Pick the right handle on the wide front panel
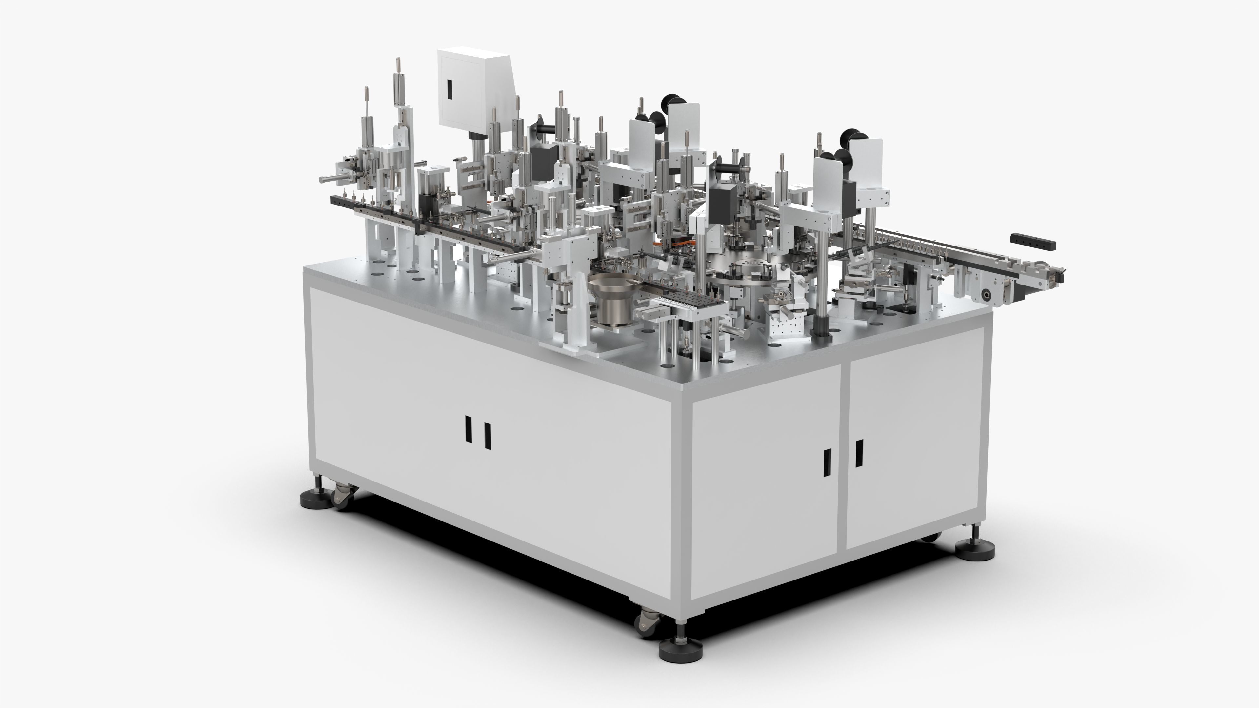(487, 436)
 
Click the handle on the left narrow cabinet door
(827, 463)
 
